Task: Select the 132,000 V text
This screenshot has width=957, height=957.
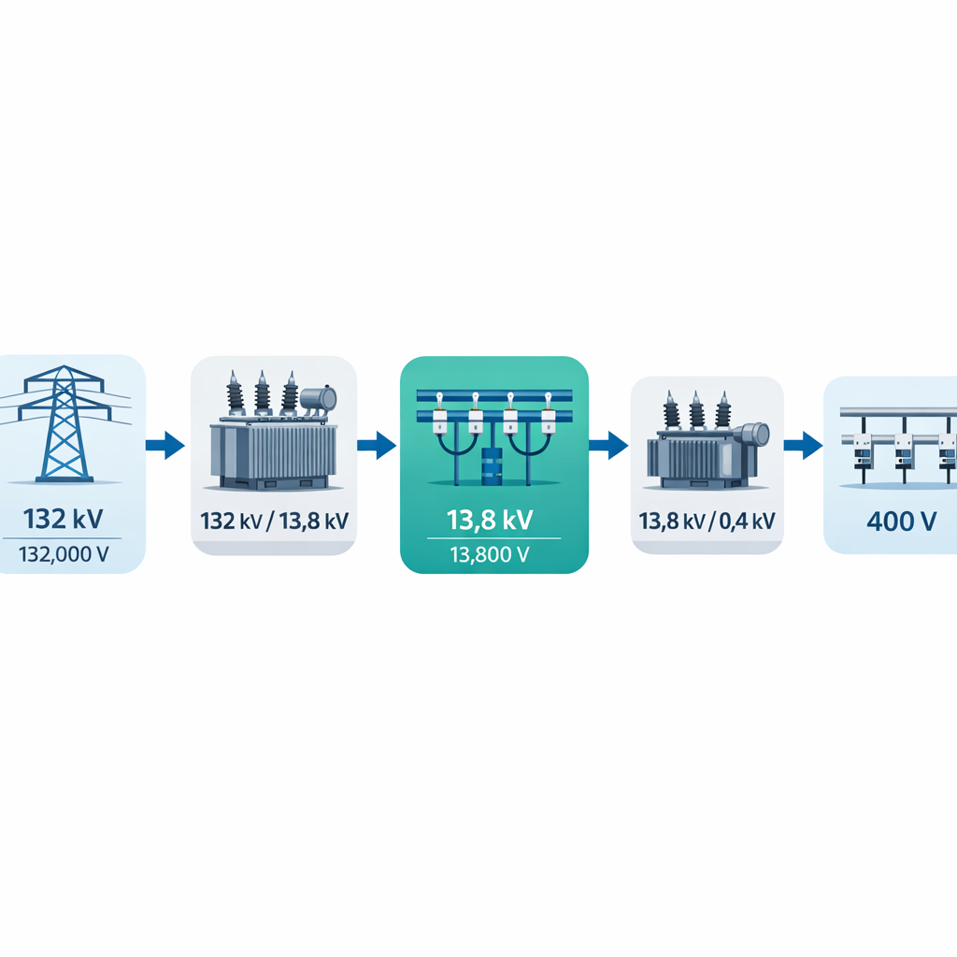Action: pyautogui.click(x=64, y=554)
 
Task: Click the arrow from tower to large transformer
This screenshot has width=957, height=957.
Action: pyautogui.click(x=165, y=445)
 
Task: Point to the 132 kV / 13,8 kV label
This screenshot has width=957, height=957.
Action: pyautogui.click(x=274, y=521)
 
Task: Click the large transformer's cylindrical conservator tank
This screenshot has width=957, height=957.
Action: pyautogui.click(x=319, y=400)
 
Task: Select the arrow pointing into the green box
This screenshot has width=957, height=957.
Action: pyautogui.click(x=377, y=445)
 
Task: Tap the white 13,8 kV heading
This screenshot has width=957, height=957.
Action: pyautogui.click(x=493, y=518)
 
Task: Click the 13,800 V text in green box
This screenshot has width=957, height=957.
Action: pyautogui.click(x=493, y=554)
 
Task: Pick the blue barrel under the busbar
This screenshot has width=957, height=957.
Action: pyautogui.click(x=493, y=464)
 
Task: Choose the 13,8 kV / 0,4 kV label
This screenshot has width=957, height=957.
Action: pyautogui.click(x=707, y=521)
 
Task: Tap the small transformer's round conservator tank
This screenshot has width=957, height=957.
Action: pyautogui.click(x=753, y=435)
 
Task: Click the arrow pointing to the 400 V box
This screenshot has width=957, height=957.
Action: pyautogui.click(x=802, y=445)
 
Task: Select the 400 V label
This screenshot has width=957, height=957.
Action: pyautogui.click(x=901, y=521)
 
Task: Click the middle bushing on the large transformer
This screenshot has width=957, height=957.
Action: pyautogui.click(x=264, y=393)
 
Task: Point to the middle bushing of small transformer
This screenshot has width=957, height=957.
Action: pyautogui.click(x=696, y=411)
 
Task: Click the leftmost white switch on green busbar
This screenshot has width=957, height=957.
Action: pyautogui.click(x=438, y=416)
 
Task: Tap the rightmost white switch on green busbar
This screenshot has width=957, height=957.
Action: pyautogui.click(x=548, y=416)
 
